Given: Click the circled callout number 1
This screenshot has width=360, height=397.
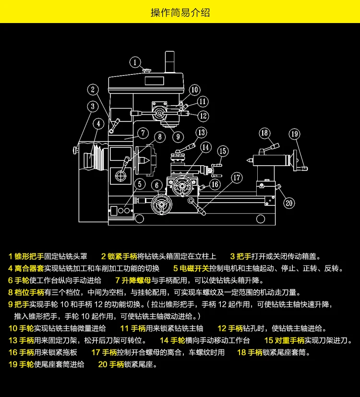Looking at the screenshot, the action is (135, 62).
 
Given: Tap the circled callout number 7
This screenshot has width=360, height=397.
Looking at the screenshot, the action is (143, 133).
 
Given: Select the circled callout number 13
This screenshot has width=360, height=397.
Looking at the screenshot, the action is (201, 132).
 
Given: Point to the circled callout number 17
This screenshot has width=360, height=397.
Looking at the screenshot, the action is (237, 178).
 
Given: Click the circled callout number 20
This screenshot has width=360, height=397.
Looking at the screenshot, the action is (289, 203).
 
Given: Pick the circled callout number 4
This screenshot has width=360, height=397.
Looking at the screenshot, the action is (98, 124).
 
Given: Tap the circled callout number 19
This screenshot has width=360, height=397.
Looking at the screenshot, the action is (294, 134).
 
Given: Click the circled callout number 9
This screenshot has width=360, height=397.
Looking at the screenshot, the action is (178, 137).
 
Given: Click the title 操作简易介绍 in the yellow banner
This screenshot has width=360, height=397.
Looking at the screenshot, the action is (180, 12).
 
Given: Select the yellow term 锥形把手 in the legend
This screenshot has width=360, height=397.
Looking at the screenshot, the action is (29, 256).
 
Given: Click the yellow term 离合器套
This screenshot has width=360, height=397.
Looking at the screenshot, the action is (29, 268).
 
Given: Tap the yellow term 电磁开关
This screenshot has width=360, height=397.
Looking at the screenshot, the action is (194, 268).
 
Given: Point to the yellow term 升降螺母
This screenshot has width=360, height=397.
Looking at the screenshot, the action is (136, 280).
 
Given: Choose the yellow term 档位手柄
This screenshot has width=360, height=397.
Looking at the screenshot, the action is (29, 292).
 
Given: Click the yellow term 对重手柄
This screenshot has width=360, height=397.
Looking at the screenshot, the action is (289, 340).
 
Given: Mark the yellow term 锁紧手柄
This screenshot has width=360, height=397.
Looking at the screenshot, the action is (122, 256).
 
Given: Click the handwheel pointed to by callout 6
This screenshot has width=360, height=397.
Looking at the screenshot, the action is (161, 205).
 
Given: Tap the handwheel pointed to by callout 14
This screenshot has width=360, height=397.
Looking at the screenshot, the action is (182, 187).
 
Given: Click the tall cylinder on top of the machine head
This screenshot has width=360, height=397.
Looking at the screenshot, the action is (170, 62).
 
